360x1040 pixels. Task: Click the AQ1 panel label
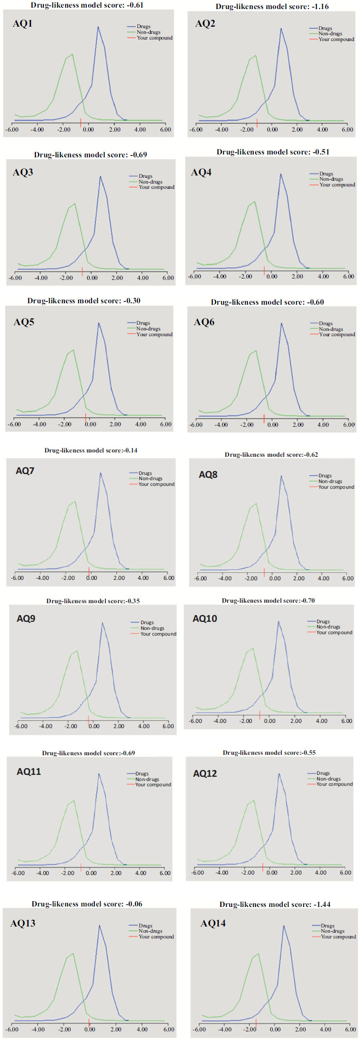click(x=22, y=24)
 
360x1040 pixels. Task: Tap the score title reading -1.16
click(x=272, y=7)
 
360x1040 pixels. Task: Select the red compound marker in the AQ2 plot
click(x=257, y=124)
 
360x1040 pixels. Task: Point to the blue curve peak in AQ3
click(x=100, y=176)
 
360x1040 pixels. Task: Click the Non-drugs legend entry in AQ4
click(x=331, y=179)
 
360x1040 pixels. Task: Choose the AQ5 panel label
click(x=24, y=322)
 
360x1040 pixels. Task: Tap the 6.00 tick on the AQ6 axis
click(x=349, y=424)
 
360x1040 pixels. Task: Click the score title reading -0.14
click(x=91, y=450)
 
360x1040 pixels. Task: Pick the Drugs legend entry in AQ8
click(x=325, y=476)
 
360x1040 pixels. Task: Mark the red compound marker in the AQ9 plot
click(x=89, y=719)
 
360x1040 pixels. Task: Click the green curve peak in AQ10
click(x=253, y=648)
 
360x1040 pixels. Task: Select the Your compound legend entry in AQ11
click(x=153, y=784)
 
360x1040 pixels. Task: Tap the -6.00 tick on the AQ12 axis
click(x=197, y=873)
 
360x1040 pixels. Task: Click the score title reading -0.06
click(x=87, y=904)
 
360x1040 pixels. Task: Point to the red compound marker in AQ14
click(x=256, y=1023)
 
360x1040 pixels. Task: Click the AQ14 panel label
click(x=213, y=924)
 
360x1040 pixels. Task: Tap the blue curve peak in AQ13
click(x=99, y=926)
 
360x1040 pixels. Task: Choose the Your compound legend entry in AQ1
click(x=154, y=38)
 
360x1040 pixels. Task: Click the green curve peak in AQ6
click(x=256, y=350)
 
